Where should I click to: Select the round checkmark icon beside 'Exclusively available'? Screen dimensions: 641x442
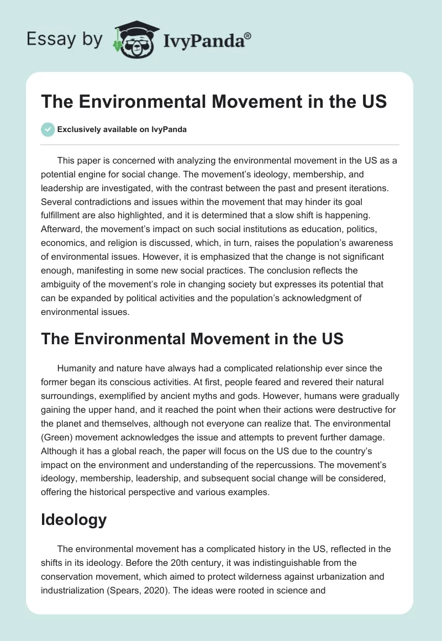[x=48, y=129]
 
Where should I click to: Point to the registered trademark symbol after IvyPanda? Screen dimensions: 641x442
[x=248, y=35]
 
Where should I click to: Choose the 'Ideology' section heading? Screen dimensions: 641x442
[x=74, y=519]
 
